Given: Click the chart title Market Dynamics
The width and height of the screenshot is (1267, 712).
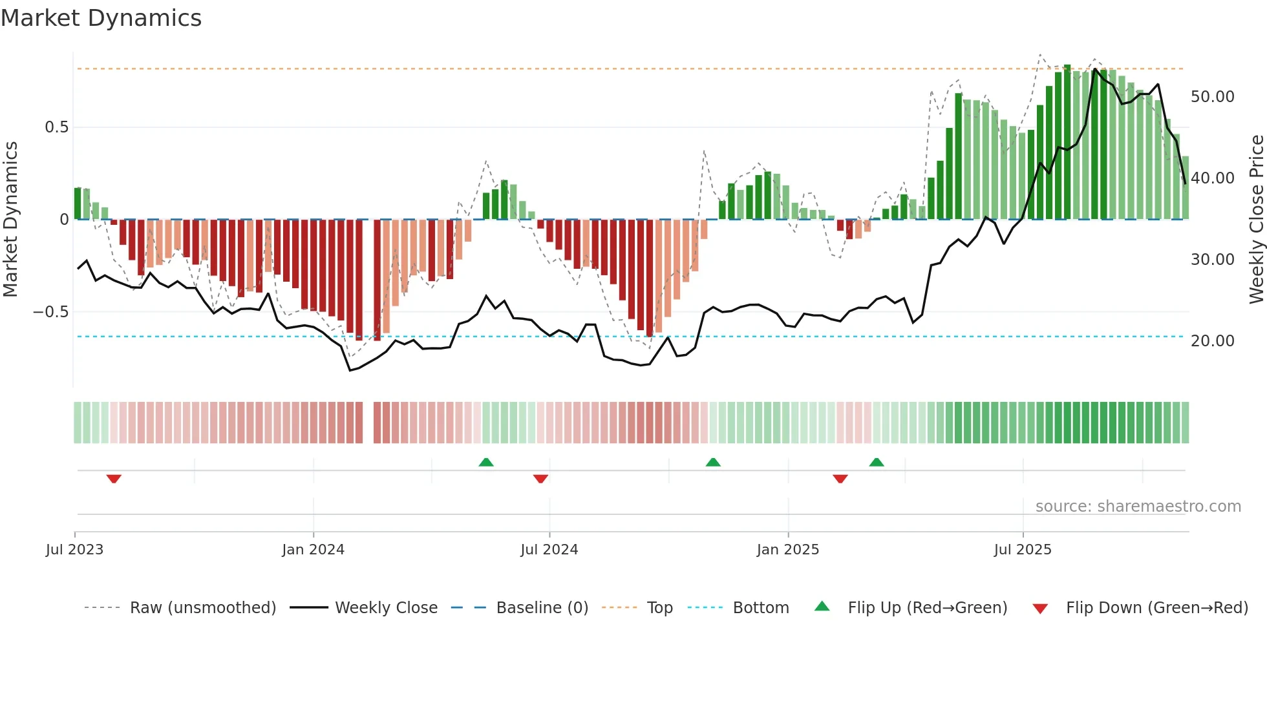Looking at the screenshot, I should (101, 18).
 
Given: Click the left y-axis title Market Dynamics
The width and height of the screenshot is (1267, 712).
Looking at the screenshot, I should (10, 219).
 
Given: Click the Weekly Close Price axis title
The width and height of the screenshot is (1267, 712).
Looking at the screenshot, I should (1256, 219).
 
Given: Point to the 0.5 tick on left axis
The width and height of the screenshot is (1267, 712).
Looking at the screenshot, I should (56, 127).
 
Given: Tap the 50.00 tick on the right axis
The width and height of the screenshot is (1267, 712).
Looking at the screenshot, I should (1212, 97).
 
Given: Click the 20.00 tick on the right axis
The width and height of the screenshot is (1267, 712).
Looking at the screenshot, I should (1212, 341).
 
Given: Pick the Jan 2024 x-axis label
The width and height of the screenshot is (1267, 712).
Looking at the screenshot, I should (313, 550).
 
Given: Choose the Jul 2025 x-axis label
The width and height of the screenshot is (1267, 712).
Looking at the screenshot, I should (1023, 550).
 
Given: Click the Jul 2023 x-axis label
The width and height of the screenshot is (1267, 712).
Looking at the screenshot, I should (74, 550).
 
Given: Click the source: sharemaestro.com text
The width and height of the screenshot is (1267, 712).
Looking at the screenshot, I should (1138, 507).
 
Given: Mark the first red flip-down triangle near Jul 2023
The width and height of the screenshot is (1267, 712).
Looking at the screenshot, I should (114, 479).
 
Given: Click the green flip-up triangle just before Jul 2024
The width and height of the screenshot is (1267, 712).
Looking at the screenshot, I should (486, 462).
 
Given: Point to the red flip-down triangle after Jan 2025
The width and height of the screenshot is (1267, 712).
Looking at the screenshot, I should (840, 479).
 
